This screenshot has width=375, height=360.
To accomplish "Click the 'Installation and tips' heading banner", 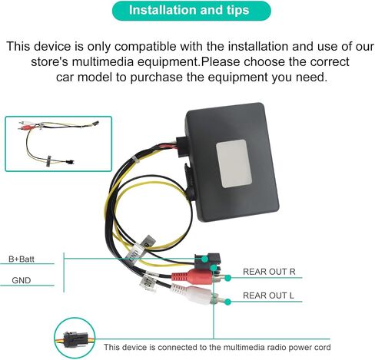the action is (x=191, y=11).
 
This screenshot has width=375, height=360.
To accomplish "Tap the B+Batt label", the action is (x=22, y=259).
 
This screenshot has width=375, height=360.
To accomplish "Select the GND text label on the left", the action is (x=22, y=280).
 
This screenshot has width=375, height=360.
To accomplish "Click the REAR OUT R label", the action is (x=269, y=272).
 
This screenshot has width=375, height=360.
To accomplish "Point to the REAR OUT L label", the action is (x=268, y=296).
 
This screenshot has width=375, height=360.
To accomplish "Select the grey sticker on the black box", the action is (x=234, y=163).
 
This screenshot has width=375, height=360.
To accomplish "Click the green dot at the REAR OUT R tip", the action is (x=227, y=278).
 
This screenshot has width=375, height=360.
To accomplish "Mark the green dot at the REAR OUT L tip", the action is (x=227, y=302).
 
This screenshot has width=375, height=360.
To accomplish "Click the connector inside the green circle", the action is (x=75, y=339).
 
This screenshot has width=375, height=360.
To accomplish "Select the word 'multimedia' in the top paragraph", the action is (x=103, y=62).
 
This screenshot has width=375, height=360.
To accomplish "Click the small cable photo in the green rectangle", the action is (x=58, y=144).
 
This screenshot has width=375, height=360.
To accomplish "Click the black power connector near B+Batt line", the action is (x=207, y=260).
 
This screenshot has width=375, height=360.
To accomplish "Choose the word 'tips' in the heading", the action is (x=237, y=10).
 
